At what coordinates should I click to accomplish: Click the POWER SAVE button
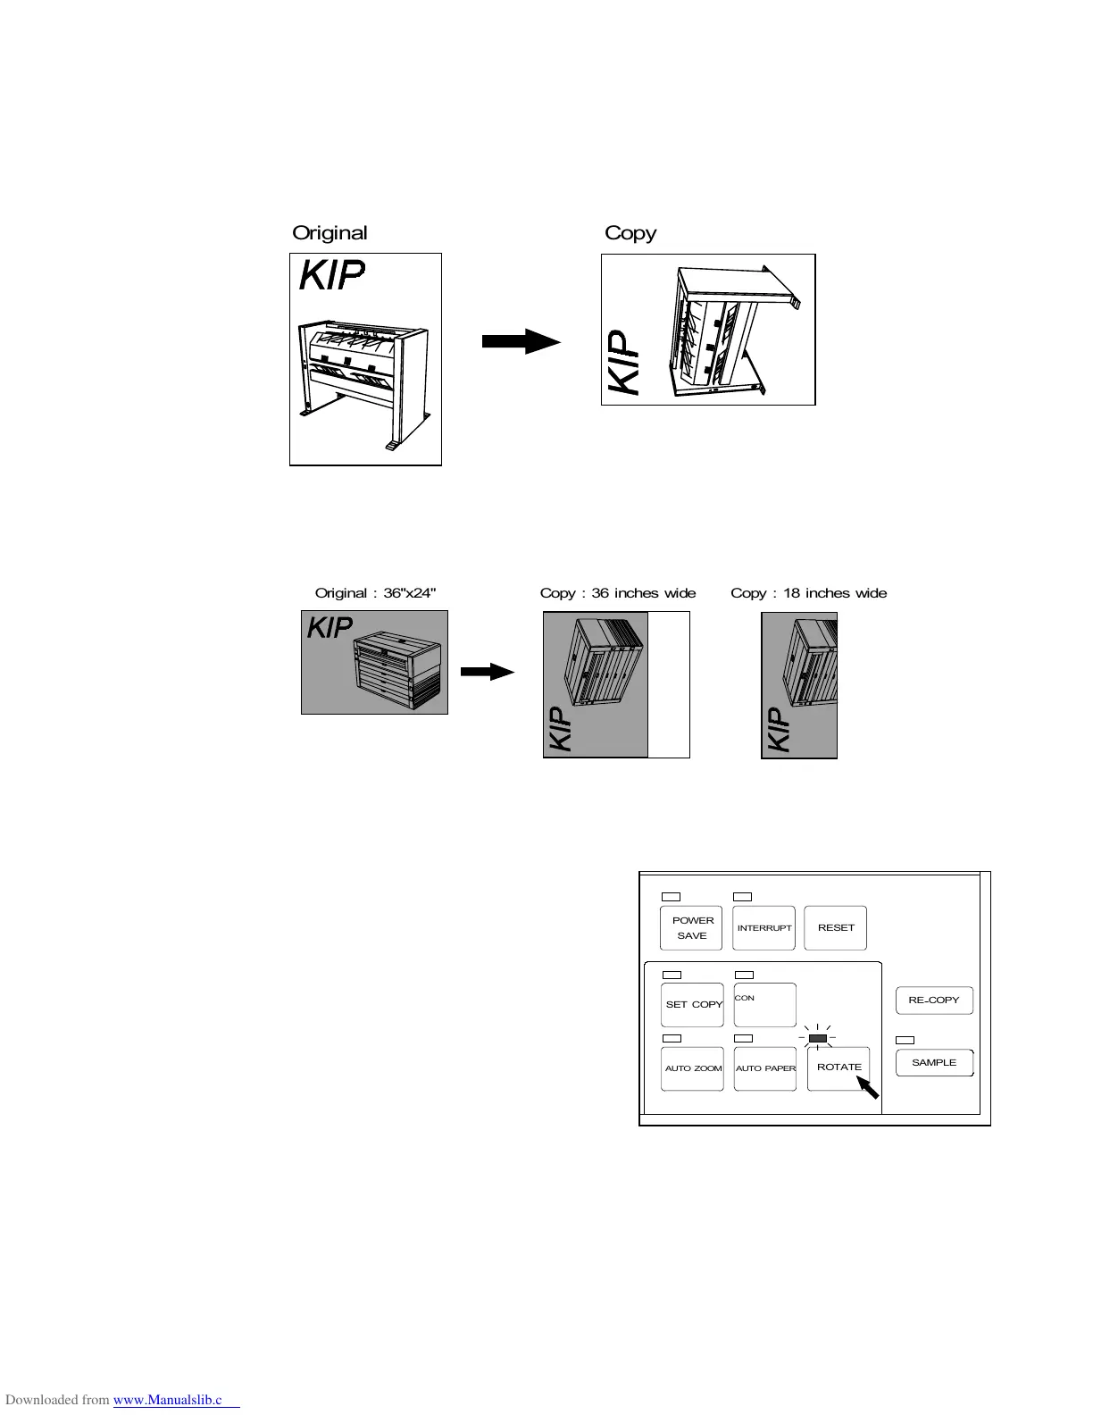click(x=691, y=927)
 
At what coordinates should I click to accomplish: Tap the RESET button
click(x=836, y=927)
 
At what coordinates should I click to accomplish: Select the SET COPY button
click(x=692, y=1005)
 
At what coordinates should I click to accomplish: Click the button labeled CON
click(x=764, y=1005)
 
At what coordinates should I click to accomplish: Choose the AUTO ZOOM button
click(x=692, y=1068)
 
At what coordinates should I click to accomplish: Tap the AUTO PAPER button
click(x=765, y=1068)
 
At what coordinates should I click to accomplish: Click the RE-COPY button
click(x=933, y=1001)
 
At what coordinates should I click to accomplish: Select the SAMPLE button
click(x=934, y=1063)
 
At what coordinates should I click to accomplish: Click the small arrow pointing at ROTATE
click(x=868, y=1087)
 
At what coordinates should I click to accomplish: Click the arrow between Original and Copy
click(x=521, y=341)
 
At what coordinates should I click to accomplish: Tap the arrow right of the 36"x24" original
click(x=488, y=673)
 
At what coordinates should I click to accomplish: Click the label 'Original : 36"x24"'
click(x=375, y=593)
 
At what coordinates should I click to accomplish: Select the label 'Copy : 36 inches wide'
click(x=617, y=593)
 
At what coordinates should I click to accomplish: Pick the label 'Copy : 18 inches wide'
click(x=808, y=593)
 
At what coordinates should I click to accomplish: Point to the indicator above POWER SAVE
click(x=671, y=896)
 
